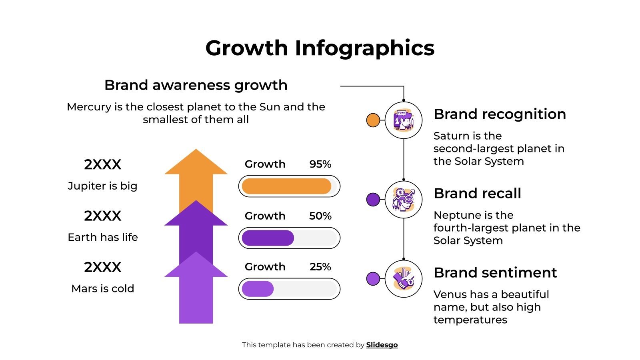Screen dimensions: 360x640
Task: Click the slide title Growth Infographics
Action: (320, 48)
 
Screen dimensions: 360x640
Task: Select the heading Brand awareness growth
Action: (196, 85)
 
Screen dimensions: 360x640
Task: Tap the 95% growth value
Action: (320, 164)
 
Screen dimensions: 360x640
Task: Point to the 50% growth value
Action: (320, 216)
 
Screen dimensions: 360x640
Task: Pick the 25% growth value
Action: (320, 267)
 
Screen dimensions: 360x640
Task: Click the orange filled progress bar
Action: (286, 186)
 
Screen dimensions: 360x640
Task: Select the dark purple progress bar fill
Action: (268, 238)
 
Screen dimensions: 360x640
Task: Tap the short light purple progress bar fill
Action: (258, 289)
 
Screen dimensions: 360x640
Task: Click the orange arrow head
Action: (196, 163)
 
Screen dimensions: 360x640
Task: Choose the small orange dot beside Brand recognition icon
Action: (373, 120)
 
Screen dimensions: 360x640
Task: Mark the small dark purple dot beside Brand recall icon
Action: (373, 199)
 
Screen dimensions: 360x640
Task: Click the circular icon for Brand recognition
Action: (404, 120)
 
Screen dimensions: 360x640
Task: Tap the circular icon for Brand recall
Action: (404, 199)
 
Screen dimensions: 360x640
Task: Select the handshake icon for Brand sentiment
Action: (404, 279)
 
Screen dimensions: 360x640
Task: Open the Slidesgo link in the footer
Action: (382, 345)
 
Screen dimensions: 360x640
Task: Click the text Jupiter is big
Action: (102, 186)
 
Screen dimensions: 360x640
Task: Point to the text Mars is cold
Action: (102, 288)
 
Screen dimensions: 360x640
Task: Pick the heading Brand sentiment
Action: (495, 273)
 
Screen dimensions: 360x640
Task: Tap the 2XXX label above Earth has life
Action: (102, 216)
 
